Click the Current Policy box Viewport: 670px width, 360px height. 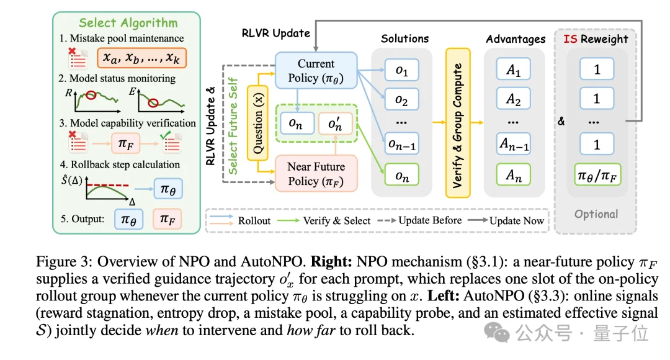tap(316, 71)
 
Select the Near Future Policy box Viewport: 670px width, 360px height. tap(316, 173)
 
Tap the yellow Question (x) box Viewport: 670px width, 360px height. tap(257, 123)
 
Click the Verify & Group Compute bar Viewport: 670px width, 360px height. tap(458, 123)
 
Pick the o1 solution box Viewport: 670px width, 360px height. tap(401, 70)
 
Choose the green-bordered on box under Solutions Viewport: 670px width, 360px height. tap(401, 174)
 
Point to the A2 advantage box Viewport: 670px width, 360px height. tap(513, 99)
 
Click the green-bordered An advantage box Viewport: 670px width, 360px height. tap(513, 174)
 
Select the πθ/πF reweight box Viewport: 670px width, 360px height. tap(597, 174)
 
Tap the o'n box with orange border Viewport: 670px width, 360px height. tap(336, 124)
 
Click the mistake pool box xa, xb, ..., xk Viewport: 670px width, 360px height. tap(141, 58)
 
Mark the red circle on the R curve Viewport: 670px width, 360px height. tap(91, 95)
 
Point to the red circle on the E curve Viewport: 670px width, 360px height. tap(153, 102)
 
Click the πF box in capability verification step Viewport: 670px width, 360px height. tap(125, 143)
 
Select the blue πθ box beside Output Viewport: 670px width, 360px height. tap(128, 219)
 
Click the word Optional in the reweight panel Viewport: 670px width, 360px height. tap(596, 214)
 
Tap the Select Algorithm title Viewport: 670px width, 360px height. tap(128, 23)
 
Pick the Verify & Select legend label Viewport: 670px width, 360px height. tap(337, 220)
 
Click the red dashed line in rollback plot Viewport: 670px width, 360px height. tap(108, 185)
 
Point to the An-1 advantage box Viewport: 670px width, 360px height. tap(513, 143)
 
